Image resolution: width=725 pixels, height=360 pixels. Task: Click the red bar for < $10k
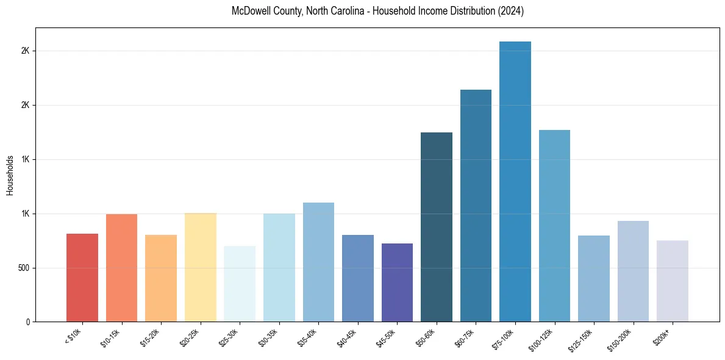click(82, 278)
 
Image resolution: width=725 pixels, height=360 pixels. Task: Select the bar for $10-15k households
click(121, 268)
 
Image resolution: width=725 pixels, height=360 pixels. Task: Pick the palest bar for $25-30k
click(240, 284)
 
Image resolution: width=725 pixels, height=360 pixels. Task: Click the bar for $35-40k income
click(318, 262)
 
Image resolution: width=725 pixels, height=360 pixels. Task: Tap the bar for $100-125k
click(554, 226)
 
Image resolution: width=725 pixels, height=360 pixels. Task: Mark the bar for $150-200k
click(633, 272)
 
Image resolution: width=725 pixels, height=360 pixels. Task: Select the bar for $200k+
click(673, 281)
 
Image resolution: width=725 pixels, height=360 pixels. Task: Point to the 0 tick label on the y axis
click(27, 322)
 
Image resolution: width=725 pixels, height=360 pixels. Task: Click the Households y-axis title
click(10, 175)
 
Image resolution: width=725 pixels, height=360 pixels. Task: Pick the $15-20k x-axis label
click(151, 337)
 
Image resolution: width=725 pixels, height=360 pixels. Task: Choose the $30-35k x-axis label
click(269, 337)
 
